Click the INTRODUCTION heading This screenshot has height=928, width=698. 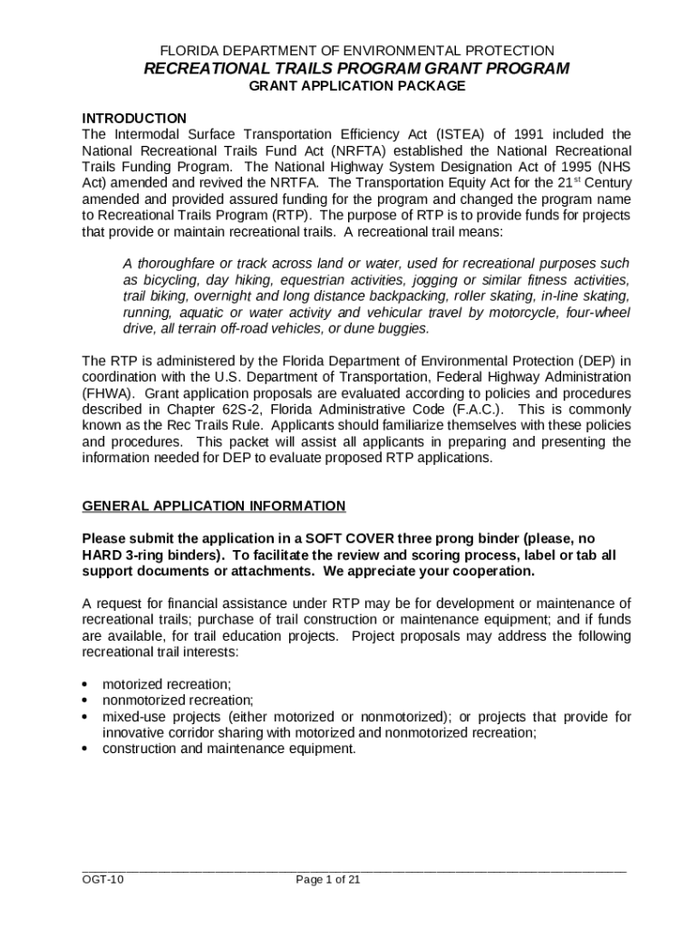coord(134,119)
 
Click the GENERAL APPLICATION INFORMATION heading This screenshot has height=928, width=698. coord(213,506)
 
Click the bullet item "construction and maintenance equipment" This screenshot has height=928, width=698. coord(229,749)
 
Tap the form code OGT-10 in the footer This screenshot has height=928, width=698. coord(102,879)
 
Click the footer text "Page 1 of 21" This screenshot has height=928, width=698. coord(328,879)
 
